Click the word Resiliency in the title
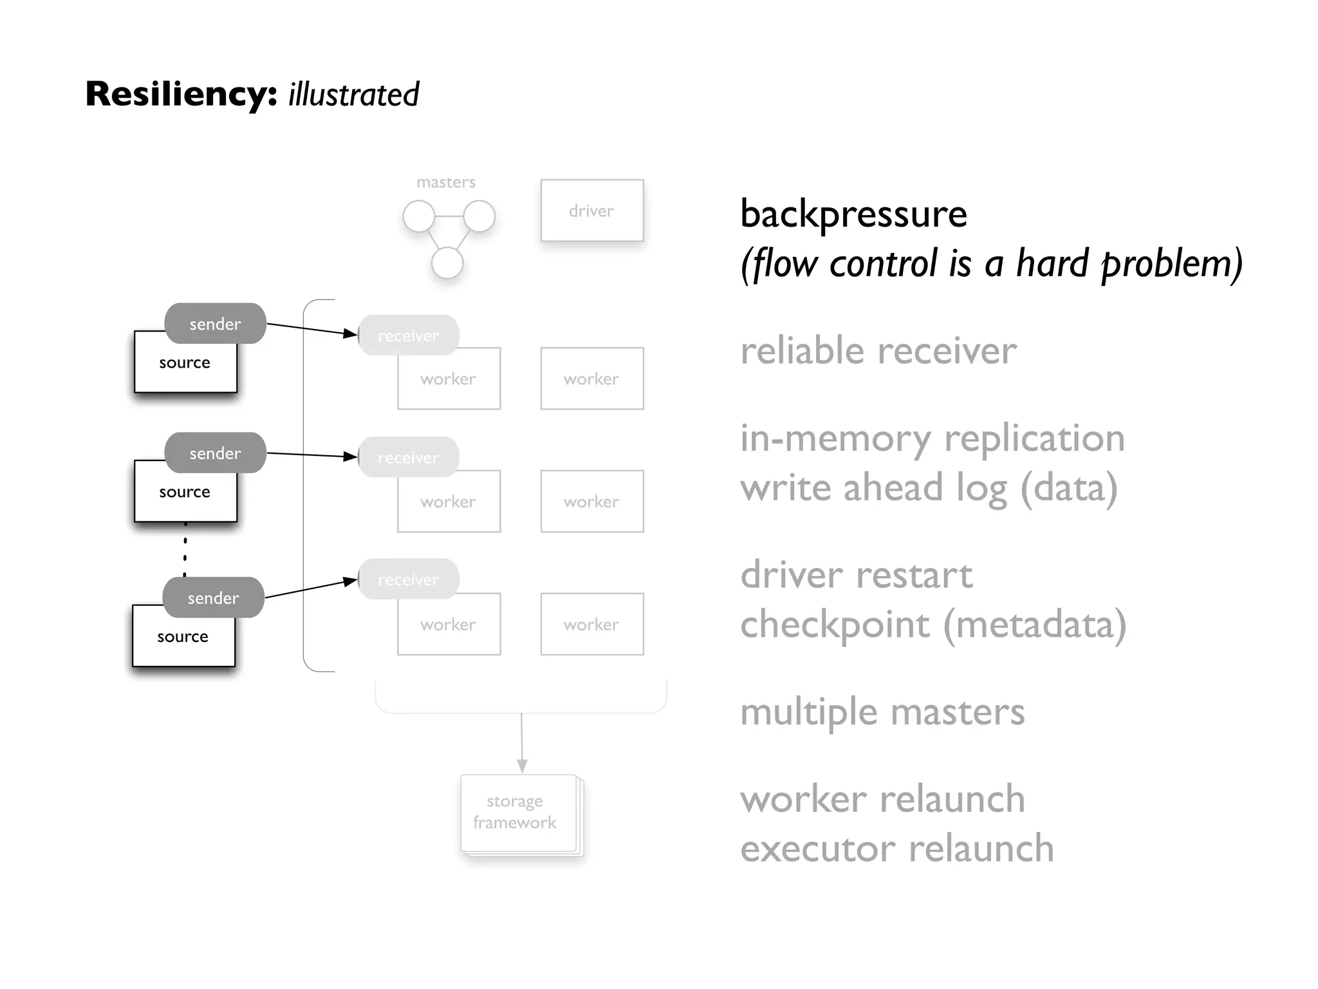[x=181, y=94]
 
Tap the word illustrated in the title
[x=353, y=95]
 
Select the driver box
[x=591, y=211]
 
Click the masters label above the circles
[x=446, y=183]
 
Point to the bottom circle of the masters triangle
[x=447, y=263]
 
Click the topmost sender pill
[x=215, y=323]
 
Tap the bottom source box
[x=183, y=641]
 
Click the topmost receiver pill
[x=408, y=335]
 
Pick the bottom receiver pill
[x=408, y=579]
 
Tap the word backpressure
[x=853, y=214]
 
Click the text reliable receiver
[x=878, y=352]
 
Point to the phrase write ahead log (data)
[x=928, y=488]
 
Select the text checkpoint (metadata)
[x=933, y=625]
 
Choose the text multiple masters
[x=882, y=712]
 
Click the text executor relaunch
[x=896, y=849]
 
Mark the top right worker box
[x=591, y=379]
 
